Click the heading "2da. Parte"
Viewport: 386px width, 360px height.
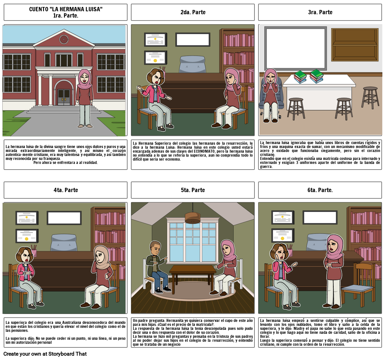(x=193, y=12)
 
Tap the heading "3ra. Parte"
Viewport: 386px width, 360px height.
(x=320, y=12)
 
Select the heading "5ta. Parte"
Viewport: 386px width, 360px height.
(x=193, y=190)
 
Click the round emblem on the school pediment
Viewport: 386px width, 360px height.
(x=64, y=39)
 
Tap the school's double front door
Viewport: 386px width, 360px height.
(x=64, y=97)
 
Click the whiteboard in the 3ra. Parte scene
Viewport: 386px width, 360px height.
(x=296, y=48)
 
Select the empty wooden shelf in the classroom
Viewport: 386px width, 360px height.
(x=355, y=44)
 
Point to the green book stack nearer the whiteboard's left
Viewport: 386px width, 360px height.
(x=300, y=77)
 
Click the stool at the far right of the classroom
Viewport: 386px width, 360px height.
(x=370, y=97)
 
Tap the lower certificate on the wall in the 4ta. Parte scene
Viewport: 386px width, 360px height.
(x=27, y=236)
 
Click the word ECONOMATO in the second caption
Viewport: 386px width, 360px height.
(x=204, y=151)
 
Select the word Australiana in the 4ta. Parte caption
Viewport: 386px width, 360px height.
(x=71, y=323)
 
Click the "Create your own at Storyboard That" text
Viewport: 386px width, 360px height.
(x=45, y=354)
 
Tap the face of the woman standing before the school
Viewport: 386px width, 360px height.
(x=84, y=78)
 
